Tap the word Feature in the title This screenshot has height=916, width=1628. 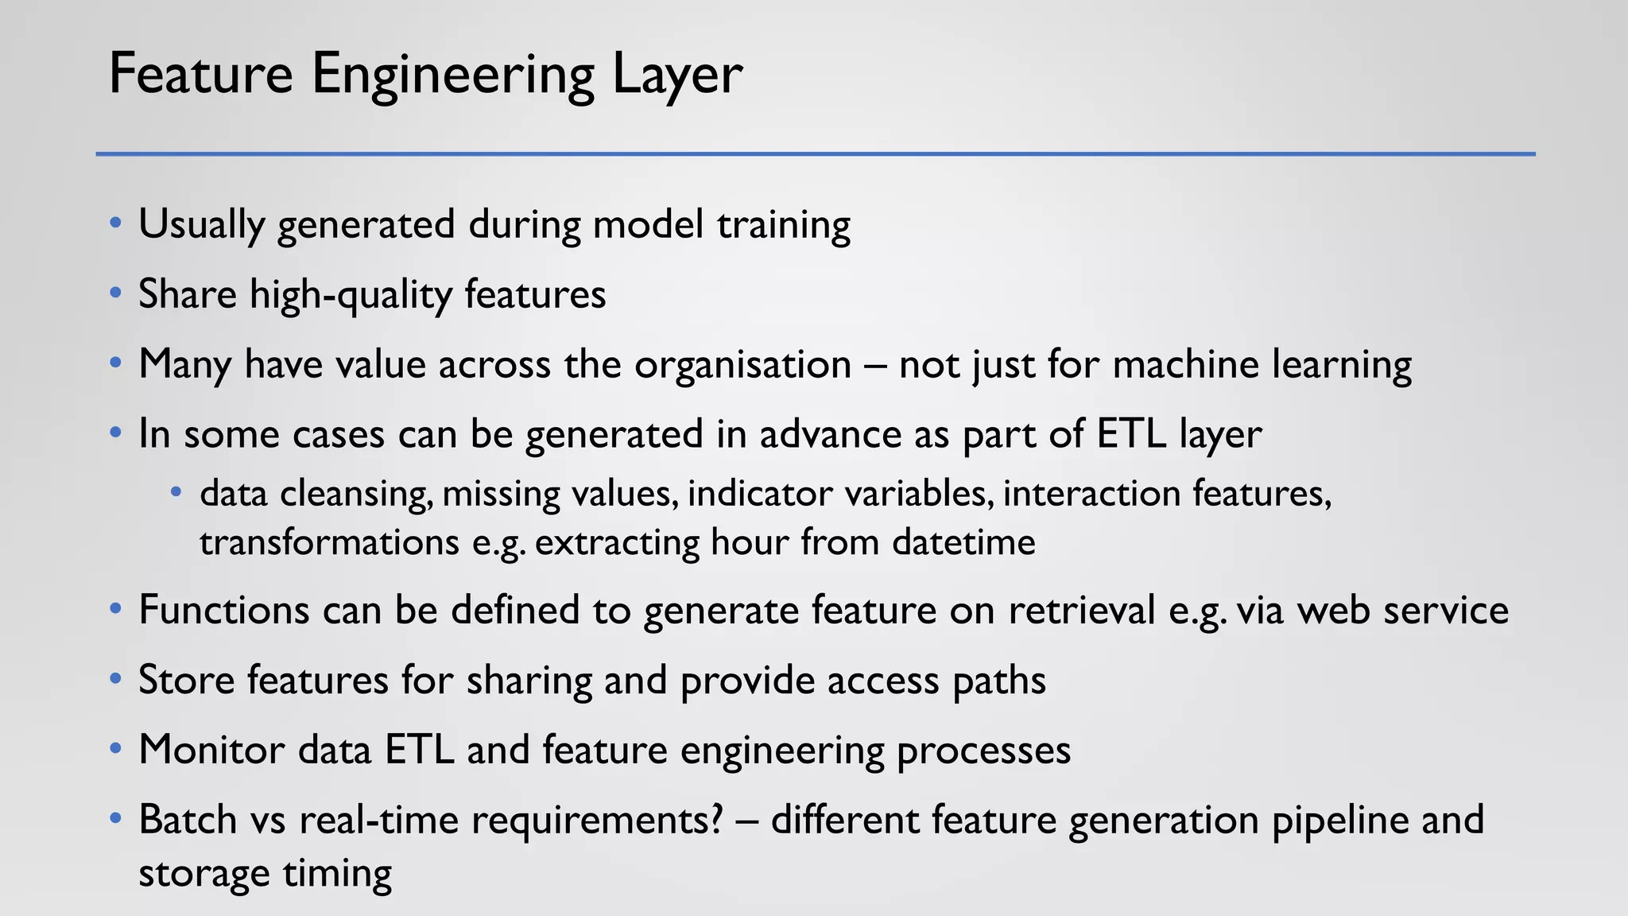pyautogui.click(x=200, y=73)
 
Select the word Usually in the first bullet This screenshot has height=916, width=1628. pyautogui.click(x=201, y=225)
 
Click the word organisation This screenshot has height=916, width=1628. pyautogui.click(x=742, y=365)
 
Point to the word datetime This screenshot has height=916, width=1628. pyautogui.click(x=963, y=543)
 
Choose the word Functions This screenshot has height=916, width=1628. pyautogui.click(x=224, y=611)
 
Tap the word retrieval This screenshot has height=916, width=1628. pyautogui.click(x=1082, y=611)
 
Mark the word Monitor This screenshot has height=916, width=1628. pyautogui.click(x=211, y=750)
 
